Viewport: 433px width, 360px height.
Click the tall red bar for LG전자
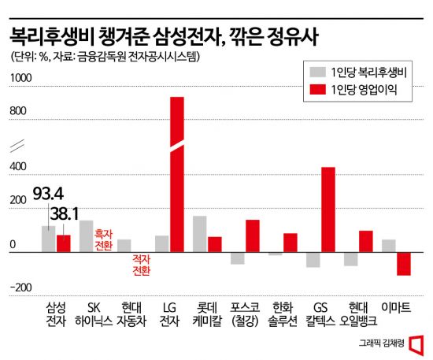177,173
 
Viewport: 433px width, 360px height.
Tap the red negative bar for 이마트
404,263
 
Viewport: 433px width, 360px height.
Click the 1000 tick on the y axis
21,77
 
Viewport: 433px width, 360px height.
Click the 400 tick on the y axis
19,168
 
